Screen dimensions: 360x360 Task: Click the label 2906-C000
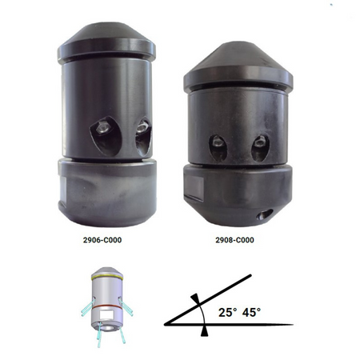pyautogui.click(x=102, y=240)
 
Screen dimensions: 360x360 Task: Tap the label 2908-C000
pyautogui.click(x=234, y=240)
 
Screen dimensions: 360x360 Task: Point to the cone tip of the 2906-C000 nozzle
pyautogui.click(x=106, y=23)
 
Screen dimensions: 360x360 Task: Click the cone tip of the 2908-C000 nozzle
pyautogui.click(x=238, y=42)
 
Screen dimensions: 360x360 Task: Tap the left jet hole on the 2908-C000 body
pyautogui.click(x=218, y=148)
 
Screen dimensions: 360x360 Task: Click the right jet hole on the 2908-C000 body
pyautogui.click(x=260, y=149)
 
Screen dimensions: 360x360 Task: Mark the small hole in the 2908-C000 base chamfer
pyautogui.click(x=265, y=214)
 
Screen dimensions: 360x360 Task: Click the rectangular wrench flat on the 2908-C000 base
pyautogui.click(x=194, y=186)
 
